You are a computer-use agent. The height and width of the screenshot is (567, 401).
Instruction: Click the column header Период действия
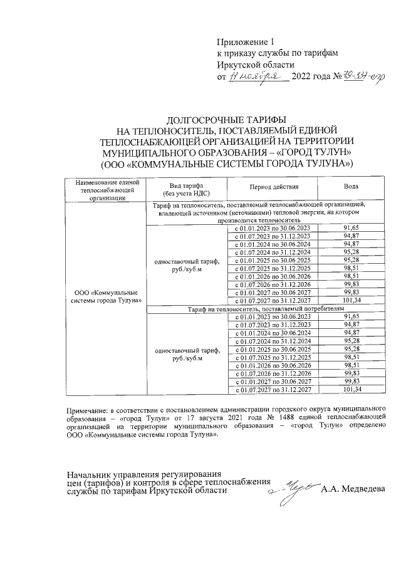click(x=274, y=187)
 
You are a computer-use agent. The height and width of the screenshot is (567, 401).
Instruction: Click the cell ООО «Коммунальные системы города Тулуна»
click(x=103, y=295)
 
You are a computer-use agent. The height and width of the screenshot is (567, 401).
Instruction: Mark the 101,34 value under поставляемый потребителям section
click(x=353, y=390)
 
